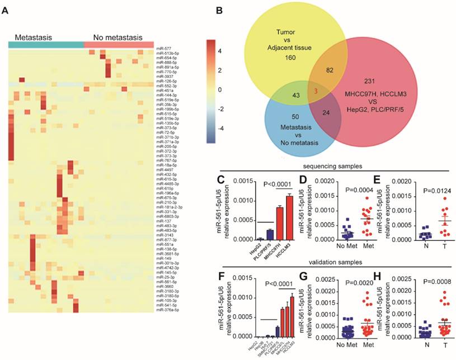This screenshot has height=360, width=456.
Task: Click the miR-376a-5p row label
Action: point(170,309)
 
